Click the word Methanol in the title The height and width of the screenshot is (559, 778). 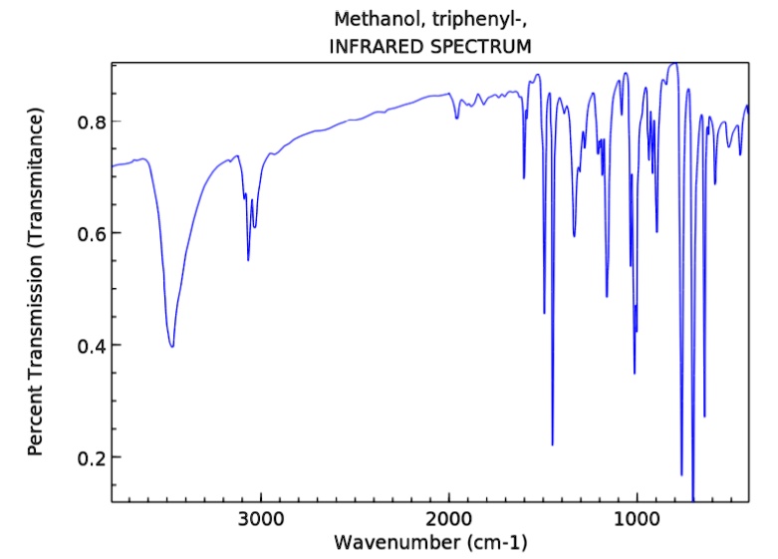(370, 20)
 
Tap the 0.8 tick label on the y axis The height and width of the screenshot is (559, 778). (91, 122)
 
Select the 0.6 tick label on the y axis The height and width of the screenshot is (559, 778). (91, 233)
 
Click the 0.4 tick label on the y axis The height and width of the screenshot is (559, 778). (91, 346)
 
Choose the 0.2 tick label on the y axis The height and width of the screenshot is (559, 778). (91, 457)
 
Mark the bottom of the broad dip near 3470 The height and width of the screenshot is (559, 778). (172, 347)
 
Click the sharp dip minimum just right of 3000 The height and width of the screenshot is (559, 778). (248, 260)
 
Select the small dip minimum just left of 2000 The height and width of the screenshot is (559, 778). (457, 119)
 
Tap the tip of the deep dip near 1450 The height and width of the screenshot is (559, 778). (552, 444)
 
